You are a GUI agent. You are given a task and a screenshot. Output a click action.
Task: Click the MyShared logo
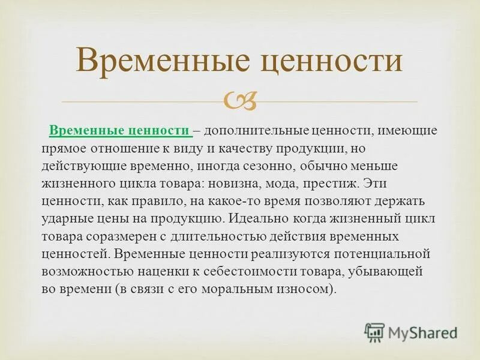pyautogui.click(x=411, y=332)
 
